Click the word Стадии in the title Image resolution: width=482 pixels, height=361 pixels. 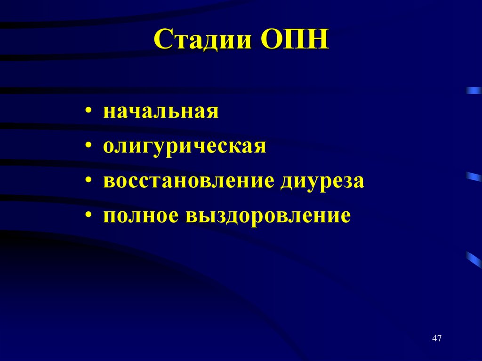click(203, 41)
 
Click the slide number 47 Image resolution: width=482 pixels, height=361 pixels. click(436, 338)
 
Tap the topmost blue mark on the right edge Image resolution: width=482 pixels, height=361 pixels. click(474, 90)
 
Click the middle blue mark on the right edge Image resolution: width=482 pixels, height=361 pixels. click(474, 176)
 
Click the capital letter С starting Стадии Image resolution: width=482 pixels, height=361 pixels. click(162, 41)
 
